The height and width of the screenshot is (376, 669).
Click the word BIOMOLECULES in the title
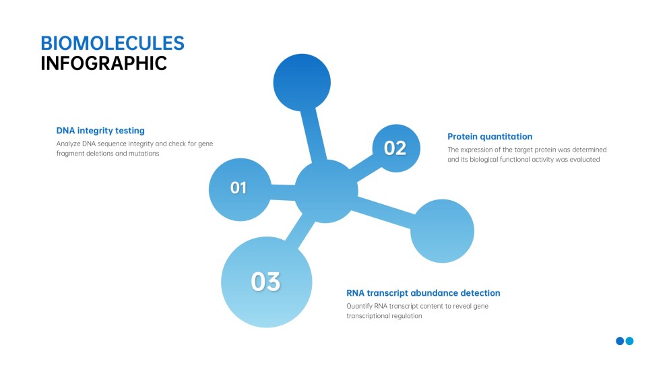[x=112, y=43]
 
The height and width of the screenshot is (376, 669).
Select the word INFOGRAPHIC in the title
[x=104, y=63]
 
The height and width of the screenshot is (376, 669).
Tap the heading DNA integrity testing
[x=100, y=131]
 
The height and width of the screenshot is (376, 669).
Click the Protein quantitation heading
[x=490, y=136]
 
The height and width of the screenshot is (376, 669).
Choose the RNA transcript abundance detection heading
[x=423, y=293]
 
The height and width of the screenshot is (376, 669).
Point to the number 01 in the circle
[x=239, y=189]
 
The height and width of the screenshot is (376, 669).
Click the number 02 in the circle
[x=395, y=148]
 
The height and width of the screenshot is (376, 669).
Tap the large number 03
[x=265, y=282]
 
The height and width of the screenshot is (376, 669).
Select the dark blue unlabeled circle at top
[x=302, y=82]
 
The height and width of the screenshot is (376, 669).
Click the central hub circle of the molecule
[x=326, y=192]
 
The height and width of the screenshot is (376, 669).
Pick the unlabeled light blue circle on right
[x=443, y=230]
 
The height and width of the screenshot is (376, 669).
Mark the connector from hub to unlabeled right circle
[x=384, y=211]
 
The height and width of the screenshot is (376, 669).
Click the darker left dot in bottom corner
[x=620, y=341]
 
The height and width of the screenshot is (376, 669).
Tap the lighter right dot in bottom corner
[x=630, y=341]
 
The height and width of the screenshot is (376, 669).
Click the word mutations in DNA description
[x=143, y=154]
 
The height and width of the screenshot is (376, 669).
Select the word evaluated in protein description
[x=583, y=160]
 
